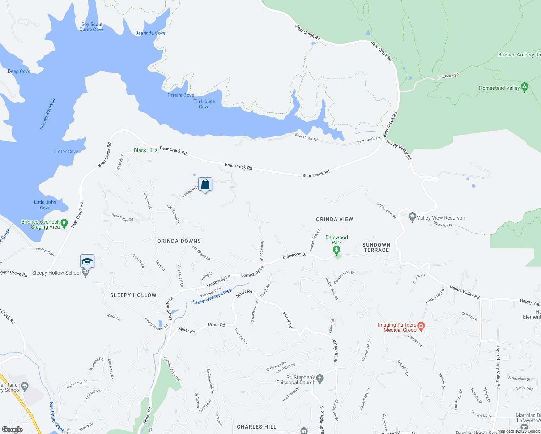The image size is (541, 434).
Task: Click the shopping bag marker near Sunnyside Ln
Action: [x=205, y=184]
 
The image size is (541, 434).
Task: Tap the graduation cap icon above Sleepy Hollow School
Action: [x=87, y=261]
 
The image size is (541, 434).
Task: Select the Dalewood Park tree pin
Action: [x=336, y=250]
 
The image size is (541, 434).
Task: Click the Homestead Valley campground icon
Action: [x=525, y=87]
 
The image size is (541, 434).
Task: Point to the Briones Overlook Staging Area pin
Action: [x=64, y=224]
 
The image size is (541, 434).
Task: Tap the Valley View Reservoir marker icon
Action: [x=412, y=217]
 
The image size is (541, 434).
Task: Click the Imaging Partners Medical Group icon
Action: [x=421, y=325]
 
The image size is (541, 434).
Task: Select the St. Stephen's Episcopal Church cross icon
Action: [x=320, y=379]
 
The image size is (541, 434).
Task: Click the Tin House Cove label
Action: [x=204, y=104]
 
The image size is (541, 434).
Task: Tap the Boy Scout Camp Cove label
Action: [x=91, y=27]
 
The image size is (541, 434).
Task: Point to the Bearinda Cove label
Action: [x=150, y=33]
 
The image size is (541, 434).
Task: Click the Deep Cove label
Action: [x=19, y=71]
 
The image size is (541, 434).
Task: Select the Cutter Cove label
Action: [x=66, y=152]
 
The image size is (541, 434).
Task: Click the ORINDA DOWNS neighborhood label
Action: [x=179, y=241]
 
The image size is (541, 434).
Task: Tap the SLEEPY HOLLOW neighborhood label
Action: [x=133, y=295]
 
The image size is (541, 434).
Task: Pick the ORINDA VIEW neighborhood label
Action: [x=335, y=219]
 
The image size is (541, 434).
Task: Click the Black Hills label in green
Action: [x=145, y=150]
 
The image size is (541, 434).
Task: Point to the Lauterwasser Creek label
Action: [x=212, y=297]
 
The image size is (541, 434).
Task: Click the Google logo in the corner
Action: [x=12, y=430]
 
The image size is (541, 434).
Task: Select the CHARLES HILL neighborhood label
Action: [x=256, y=427]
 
